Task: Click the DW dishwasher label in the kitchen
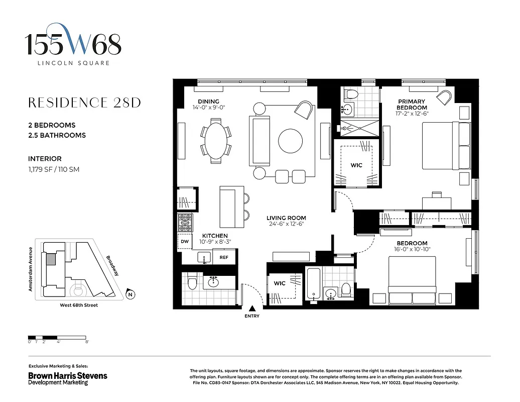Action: (x=185, y=241)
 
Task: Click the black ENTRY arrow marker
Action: (x=252, y=309)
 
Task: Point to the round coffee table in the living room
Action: (x=291, y=141)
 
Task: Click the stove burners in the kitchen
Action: (x=185, y=222)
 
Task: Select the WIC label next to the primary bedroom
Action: (x=356, y=165)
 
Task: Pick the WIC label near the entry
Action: (x=280, y=283)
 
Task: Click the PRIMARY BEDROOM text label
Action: (x=412, y=104)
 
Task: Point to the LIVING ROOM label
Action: (x=286, y=218)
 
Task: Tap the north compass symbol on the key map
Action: (x=131, y=294)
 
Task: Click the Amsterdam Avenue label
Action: (x=31, y=269)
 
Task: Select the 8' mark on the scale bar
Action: (x=87, y=342)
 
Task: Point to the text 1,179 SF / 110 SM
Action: (x=54, y=169)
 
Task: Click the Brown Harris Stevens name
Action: (x=67, y=375)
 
